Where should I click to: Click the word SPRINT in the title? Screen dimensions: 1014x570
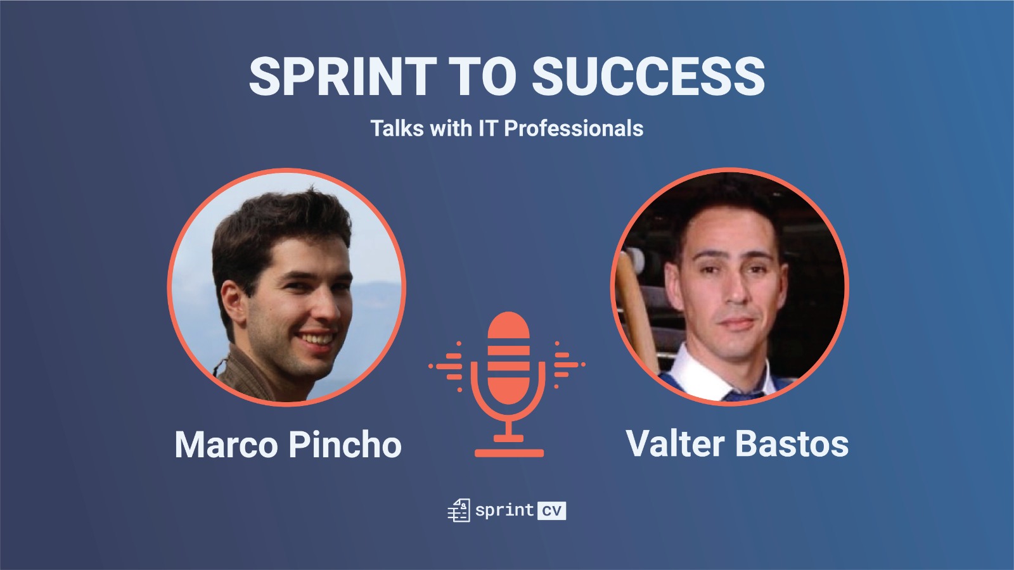342,77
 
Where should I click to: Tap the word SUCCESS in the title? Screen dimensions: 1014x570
648,77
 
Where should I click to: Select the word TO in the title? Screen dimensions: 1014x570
484,77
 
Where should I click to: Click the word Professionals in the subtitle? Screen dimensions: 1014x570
574,129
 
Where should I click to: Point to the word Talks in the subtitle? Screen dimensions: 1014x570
398,128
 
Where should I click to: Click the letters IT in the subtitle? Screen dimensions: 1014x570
489,128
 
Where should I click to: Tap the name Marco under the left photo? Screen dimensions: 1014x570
226,445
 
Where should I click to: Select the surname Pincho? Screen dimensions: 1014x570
345,444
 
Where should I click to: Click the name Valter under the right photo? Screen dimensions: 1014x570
676,443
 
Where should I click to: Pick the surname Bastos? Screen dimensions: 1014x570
792,443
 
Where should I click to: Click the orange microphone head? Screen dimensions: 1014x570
508,358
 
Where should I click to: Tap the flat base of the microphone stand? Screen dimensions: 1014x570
509,453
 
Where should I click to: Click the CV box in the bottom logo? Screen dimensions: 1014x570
551,510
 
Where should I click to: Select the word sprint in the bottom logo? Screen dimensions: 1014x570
504,510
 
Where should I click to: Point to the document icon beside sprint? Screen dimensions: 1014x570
459,510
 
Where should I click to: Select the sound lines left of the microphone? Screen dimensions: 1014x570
447,365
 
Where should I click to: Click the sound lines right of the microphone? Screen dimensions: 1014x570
570,365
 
